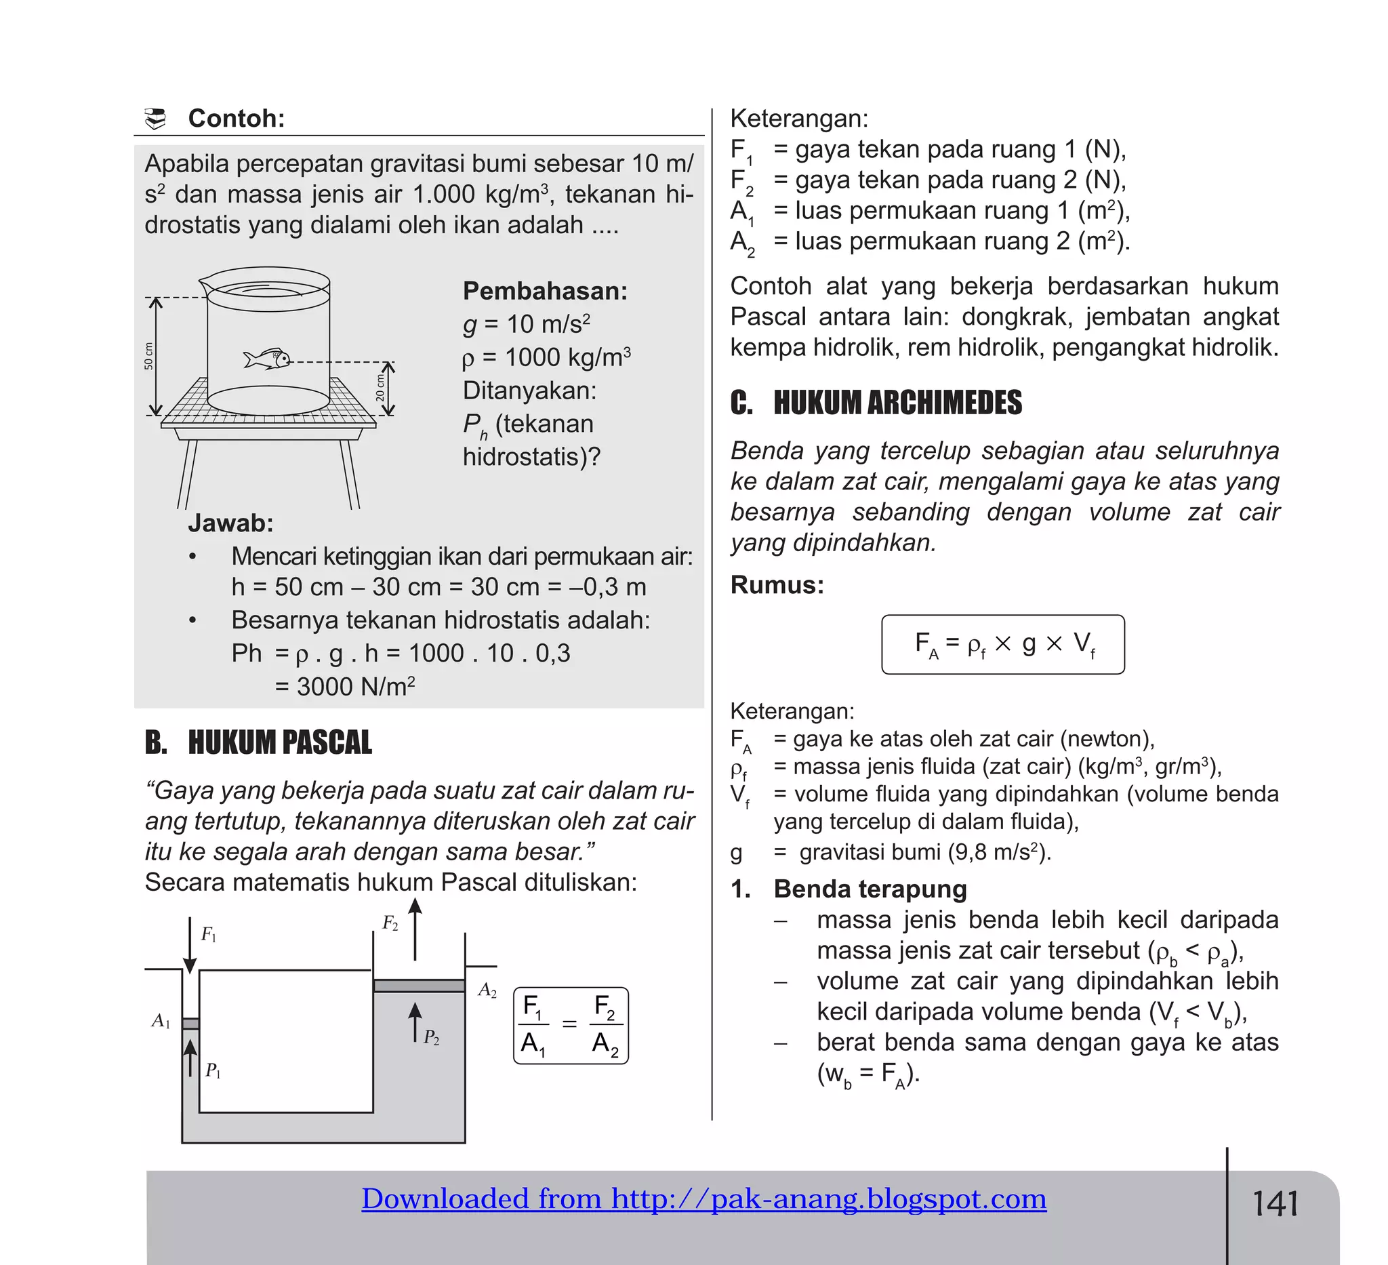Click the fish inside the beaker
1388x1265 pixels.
(x=266, y=359)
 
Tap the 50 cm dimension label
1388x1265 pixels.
(x=148, y=356)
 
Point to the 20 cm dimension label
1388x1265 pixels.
(x=380, y=387)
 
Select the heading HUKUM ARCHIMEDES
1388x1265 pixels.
(x=897, y=403)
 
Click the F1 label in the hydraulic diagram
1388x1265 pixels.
(x=209, y=934)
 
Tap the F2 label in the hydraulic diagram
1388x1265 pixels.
(x=390, y=924)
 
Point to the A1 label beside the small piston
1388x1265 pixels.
(x=161, y=1021)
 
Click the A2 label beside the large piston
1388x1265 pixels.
(x=487, y=991)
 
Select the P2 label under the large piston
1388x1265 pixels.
(x=431, y=1037)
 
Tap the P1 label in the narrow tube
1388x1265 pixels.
(x=213, y=1071)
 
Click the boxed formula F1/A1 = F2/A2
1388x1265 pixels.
(x=571, y=1026)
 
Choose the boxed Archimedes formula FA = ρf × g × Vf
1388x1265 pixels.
(x=1003, y=645)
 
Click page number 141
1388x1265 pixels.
(x=1275, y=1205)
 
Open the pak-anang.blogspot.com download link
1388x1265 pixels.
(x=703, y=1199)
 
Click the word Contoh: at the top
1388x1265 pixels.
(x=236, y=119)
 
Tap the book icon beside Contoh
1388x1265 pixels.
(x=157, y=119)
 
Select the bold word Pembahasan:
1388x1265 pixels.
(x=545, y=291)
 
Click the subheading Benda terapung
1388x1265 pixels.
(x=870, y=889)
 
